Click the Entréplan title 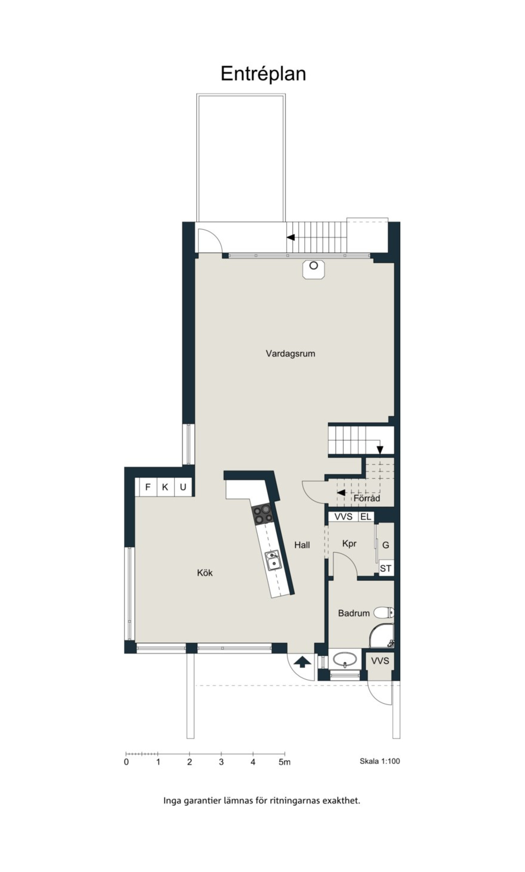pos(263,74)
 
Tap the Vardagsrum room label pos(291,353)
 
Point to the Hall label pos(302,545)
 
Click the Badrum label pos(354,613)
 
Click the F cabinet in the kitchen pos(148,487)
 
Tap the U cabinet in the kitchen pos(183,487)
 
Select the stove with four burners pos(262,514)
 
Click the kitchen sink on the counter pos(273,561)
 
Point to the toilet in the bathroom pos(384,612)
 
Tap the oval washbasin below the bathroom pos(345,660)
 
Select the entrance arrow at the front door pos(301,661)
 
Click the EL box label pos(365,517)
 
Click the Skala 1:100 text pos(380,761)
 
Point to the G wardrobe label pos(386,545)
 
